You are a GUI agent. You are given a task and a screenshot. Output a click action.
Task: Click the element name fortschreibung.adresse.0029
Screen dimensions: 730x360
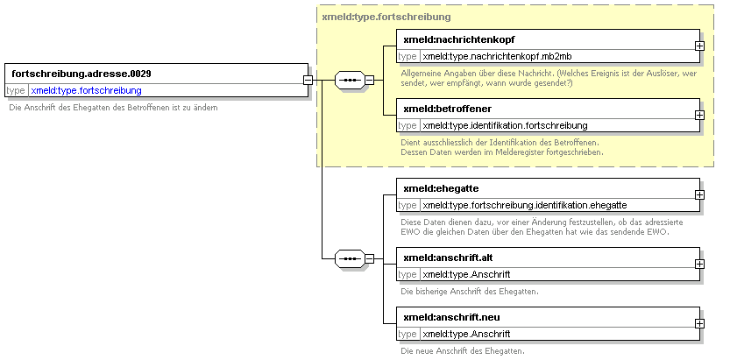coord(82,74)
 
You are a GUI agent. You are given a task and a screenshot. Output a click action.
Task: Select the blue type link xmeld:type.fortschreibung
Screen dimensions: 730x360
coord(86,91)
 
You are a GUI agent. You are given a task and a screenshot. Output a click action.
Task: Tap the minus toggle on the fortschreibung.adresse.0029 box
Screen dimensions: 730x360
coord(308,80)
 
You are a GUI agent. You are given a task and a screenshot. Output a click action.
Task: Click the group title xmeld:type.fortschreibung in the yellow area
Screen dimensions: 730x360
coord(386,18)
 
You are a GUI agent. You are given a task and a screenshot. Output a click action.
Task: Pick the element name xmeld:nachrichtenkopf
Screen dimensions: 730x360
coord(459,40)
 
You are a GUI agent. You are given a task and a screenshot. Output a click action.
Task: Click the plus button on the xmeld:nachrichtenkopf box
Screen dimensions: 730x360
coord(699,46)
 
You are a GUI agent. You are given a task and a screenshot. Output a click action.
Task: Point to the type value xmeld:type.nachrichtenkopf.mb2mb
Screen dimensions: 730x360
coord(497,57)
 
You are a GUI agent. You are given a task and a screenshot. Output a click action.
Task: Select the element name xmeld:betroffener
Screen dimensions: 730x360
coord(448,109)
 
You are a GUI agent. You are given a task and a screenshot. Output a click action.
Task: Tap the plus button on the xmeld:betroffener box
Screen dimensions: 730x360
coord(699,115)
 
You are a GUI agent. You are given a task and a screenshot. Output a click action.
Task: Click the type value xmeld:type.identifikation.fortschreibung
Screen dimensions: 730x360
coord(505,125)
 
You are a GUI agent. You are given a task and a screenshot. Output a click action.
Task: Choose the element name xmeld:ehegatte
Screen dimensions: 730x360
coord(441,189)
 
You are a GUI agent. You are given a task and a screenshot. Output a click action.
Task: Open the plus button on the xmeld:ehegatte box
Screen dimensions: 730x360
coord(699,194)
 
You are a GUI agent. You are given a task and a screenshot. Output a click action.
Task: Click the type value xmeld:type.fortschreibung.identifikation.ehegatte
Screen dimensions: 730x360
coord(525,205)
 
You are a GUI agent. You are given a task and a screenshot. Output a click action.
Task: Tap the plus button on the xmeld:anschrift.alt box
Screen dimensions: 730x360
coord(699,264)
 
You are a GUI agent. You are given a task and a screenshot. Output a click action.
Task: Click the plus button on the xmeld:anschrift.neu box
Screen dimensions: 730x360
coord(699,323)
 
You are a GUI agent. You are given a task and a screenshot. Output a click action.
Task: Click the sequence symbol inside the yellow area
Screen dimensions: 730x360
coord(350,80)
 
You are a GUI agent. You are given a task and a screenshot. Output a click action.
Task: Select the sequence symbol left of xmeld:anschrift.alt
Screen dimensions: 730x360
coord(350,258)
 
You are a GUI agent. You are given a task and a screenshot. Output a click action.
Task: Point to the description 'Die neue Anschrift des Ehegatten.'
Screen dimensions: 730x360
coord(463,351)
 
